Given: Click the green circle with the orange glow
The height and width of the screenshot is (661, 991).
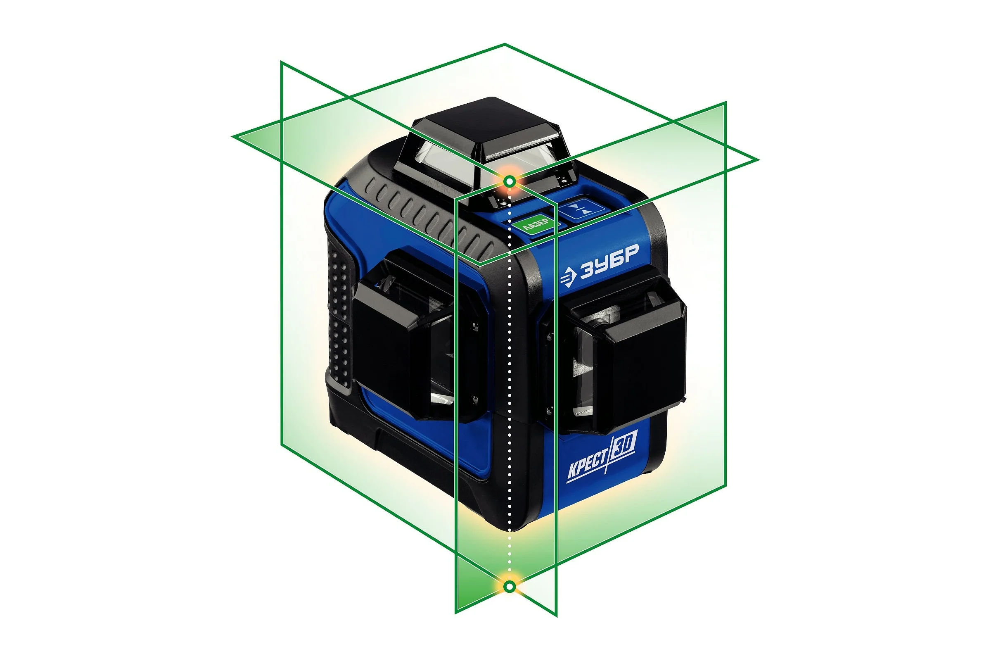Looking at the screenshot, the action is tap(510, 182).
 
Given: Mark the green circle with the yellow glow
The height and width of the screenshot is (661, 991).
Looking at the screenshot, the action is tap(510, 586).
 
